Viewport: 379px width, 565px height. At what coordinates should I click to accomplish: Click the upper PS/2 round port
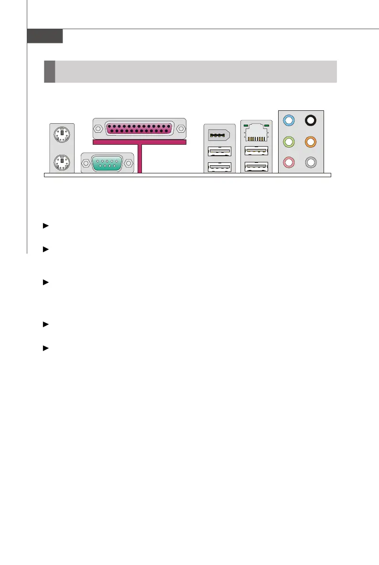pos(62,133)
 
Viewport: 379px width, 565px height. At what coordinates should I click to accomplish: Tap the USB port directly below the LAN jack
pos(256,151)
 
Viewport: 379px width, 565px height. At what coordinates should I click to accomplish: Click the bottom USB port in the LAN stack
pos(256,167)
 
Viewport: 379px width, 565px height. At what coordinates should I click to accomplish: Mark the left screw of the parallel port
pos(98,128)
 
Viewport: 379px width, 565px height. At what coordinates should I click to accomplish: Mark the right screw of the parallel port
pos(181,128)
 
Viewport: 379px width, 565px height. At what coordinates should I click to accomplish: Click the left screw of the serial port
pos(86,164)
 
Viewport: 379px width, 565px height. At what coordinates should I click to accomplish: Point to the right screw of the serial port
pos(129,164)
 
